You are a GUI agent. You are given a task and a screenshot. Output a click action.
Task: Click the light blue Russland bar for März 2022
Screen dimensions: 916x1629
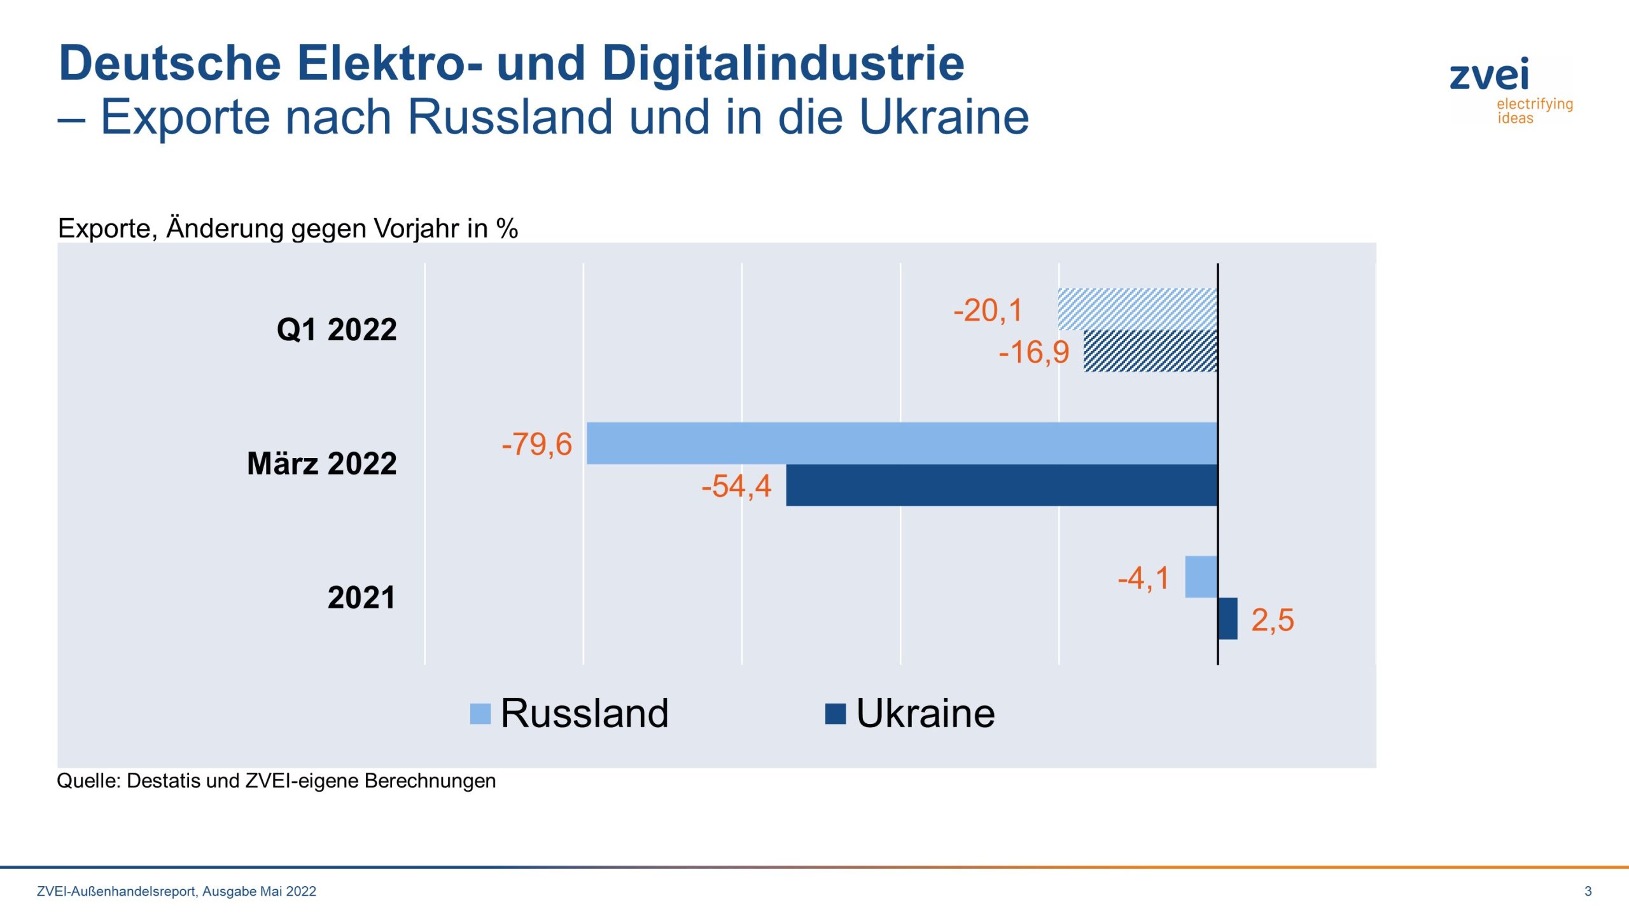point(901,443)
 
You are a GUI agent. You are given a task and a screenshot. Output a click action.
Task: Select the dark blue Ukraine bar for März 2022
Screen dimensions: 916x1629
point(1001,485)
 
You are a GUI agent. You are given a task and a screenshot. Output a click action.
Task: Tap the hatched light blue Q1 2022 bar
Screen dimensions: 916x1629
point(1137,309)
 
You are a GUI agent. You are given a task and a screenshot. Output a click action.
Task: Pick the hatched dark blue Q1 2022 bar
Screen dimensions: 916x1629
point(1150,350)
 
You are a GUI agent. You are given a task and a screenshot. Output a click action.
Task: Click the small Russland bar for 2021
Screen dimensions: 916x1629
point(1200,576)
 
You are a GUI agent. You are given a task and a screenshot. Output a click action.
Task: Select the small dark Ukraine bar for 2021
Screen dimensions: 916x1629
point(1227,618)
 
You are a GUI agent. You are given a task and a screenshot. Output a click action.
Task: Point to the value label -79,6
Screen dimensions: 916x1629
point(536,444)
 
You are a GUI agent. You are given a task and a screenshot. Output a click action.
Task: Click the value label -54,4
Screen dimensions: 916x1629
point(736,486)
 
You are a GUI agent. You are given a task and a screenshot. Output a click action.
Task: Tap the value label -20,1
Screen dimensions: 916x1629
point(988,310)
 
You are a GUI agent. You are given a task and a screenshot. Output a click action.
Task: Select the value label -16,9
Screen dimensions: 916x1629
point(1034,352)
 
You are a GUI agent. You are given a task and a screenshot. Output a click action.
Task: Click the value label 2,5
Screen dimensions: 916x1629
point(1272,620)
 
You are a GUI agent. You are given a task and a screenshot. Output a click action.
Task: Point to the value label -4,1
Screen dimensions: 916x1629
point(1143,578)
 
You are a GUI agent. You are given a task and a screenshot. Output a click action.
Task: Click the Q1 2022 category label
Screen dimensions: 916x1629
point(337,330)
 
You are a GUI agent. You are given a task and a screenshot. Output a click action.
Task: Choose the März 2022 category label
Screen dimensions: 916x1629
point(322,463)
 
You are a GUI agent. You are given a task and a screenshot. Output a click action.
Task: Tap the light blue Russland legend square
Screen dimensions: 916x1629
point(480,714)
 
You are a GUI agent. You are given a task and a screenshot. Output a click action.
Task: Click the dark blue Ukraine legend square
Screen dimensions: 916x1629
point(835,714)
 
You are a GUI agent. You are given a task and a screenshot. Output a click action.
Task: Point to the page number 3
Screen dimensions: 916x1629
point(1588,891)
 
